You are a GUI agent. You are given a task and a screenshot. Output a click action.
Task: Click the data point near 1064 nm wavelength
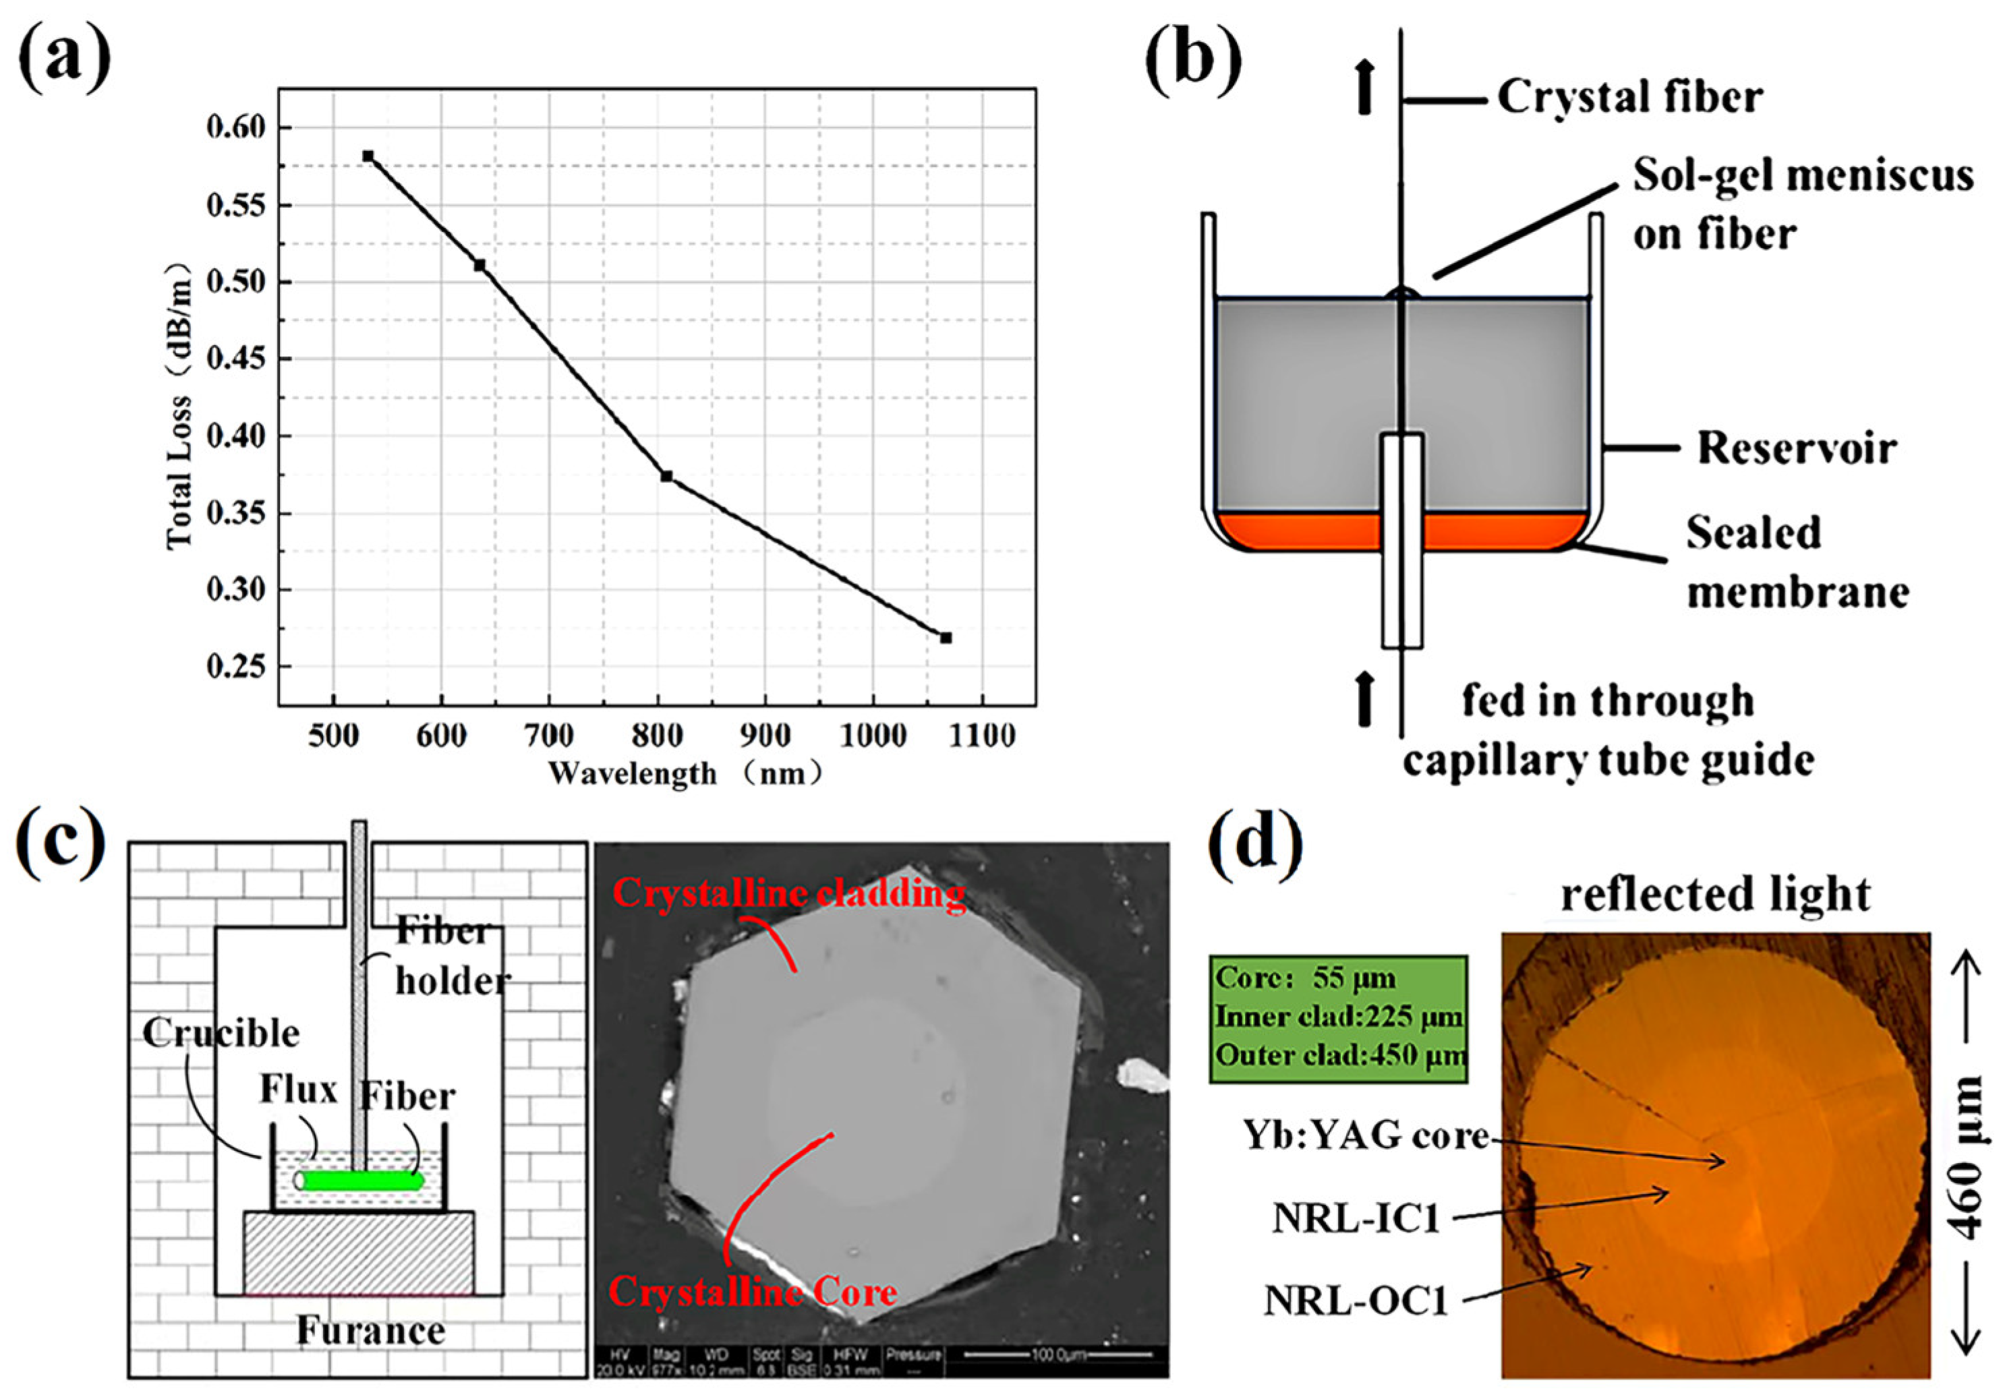946,638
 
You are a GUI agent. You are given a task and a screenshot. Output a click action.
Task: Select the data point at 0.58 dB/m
368,156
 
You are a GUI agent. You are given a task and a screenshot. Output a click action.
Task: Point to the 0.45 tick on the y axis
236,359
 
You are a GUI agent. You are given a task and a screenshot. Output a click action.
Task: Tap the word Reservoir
1796,448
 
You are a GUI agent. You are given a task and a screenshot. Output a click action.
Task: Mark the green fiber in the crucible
361,1181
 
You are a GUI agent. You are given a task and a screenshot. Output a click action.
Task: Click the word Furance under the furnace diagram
370,1330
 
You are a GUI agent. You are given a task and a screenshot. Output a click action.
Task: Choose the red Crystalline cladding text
788,893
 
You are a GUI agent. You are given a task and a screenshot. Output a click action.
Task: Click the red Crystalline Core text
753,1291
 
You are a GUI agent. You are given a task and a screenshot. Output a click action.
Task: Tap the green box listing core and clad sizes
1338,1017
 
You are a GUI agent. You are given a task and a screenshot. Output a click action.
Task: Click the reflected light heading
1715,895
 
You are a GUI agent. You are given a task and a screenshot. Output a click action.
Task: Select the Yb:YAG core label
1366,1136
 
